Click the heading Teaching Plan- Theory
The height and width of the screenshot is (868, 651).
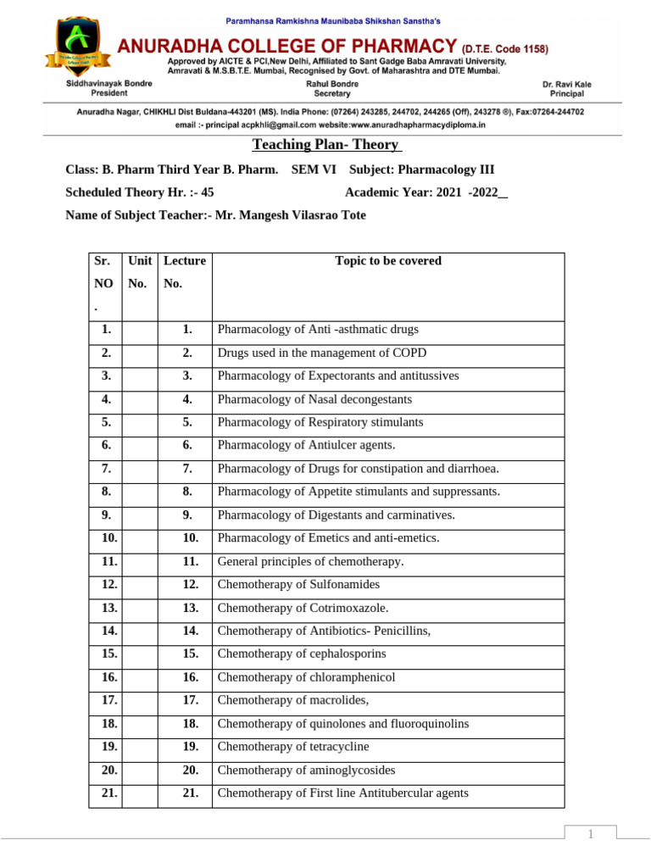click(x=325, y=146)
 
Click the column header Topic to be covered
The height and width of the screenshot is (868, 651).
click(x=388, y=261)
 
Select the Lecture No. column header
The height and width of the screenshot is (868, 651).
click(x=185, y=272)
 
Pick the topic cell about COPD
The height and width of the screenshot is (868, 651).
click(x=322, y=353)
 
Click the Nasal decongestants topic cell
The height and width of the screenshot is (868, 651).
click(x=314, y=398)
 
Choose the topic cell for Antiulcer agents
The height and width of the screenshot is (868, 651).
click(x=306, y=445)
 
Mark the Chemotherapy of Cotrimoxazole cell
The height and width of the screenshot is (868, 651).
click(x=303, y=608)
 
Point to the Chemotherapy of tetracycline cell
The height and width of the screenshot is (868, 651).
click(x=293, y=747)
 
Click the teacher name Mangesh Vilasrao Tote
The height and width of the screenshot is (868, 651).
click(x=291, y=215)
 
